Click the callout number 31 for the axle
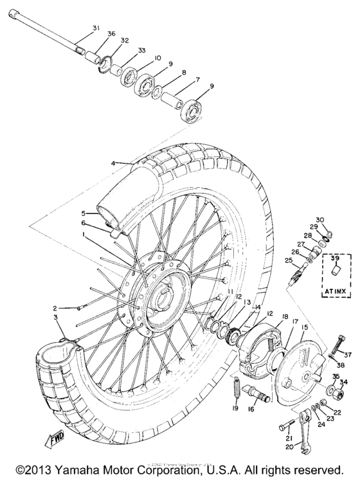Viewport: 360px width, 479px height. (x=96, y=28)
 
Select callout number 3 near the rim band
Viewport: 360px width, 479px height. (x=57, y=318)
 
